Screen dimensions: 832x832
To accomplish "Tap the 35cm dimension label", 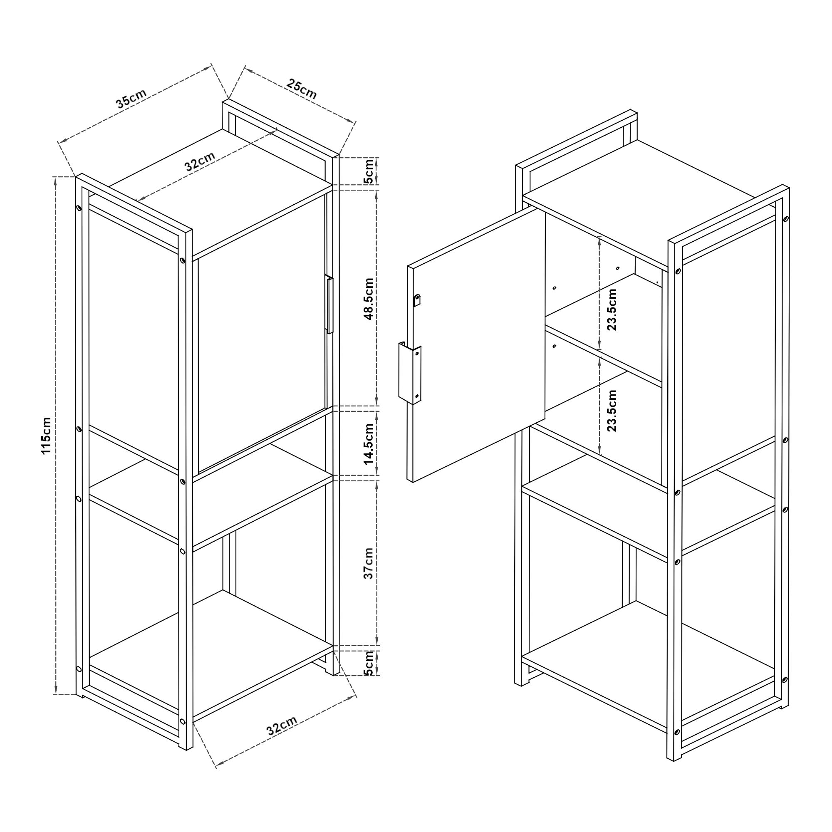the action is tap(131, 98).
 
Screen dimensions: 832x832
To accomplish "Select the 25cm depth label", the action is tap(302, 89).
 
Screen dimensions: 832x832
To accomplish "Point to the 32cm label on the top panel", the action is tap(200, 161).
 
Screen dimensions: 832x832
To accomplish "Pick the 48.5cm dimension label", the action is tap(369, 299).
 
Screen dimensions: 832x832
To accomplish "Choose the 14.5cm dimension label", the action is tap(369, 444).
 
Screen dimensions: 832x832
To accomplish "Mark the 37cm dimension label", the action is tap(369, 563).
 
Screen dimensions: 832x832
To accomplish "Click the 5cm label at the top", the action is tap(369, 171).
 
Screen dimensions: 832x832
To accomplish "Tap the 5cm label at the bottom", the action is tap(369, 663).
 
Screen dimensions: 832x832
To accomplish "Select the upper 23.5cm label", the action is tap(612, 310).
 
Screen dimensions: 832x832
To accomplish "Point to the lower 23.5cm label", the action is tap(612, 411).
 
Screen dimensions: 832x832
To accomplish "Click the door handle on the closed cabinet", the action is tap(329, 304).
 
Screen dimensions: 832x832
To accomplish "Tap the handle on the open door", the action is tap(409, 373).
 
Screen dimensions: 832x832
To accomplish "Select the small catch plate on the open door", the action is tap(417, 300).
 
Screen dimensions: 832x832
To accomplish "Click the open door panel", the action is tap(476, 344).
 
